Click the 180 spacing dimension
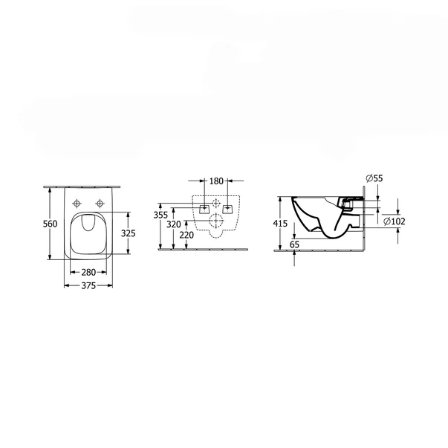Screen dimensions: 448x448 tap(216, 181)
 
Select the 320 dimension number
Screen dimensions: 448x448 tap(173, 224)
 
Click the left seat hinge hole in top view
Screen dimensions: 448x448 tap(78, 205)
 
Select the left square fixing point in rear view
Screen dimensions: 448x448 tap(204, 207)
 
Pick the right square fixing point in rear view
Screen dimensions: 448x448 tap(228, 207)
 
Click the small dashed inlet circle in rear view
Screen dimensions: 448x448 tap(216, 203)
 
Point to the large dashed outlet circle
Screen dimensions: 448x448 tap(216, 220)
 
